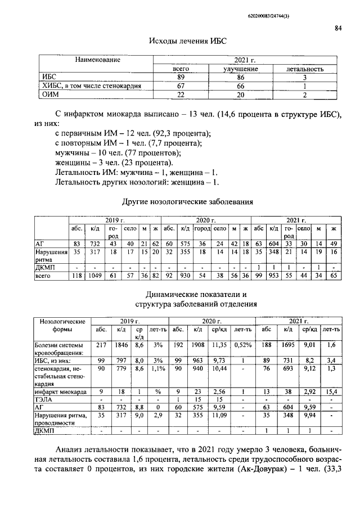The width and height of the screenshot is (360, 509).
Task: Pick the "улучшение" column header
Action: pyautogui.click(x=241, y=69)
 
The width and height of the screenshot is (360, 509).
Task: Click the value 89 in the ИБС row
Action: pyautogui.click(x=181, y=77)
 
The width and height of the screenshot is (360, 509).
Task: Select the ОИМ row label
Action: pyautogui.click(x=51, y=94)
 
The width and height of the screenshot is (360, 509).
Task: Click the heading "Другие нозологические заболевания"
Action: pyautogui.click(x=188, y=201)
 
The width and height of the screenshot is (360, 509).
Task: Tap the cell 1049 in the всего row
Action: pyautogui.click(x=95, y=276)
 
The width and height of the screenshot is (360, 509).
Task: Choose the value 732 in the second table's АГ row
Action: pyautogui.click(x=95, y=242)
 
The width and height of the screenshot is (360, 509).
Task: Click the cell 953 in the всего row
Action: pyautogui.click(x=273, y=276)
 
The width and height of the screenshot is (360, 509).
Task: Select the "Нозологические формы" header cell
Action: pyautogui.click(x=62, y=326)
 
